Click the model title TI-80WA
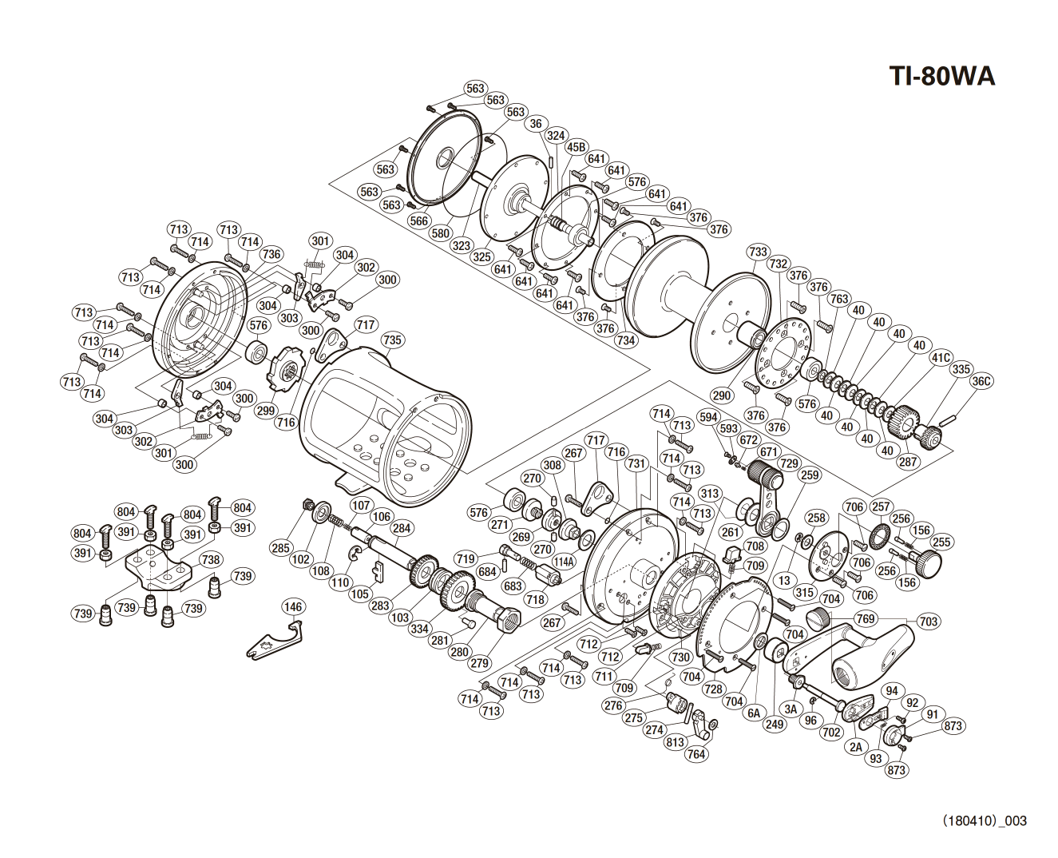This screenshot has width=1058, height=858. tap(941, 76)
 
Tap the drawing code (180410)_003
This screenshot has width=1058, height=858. tap(984, 820)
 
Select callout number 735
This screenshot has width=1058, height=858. tap(392, 340)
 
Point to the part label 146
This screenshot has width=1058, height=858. tap(293, 607)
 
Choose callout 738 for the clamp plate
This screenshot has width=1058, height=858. tap(210, 560)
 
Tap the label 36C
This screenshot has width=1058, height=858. tap(981, 381)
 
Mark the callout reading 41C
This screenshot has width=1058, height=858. tap(941, 358)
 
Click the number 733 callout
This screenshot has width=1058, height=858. tap(758, 252)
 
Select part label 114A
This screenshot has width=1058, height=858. tap(564, 562)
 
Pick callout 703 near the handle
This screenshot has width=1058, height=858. tap(928, 622)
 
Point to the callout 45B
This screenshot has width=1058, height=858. tap(576, 147)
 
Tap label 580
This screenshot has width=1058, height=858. tap(440, 234)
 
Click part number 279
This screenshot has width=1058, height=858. tap(479, 663)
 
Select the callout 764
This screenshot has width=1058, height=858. tap(696, 754)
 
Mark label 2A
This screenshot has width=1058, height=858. tap(856, 747)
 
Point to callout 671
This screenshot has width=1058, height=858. tap(768, 452)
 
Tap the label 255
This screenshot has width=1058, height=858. tap(941, 542)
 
